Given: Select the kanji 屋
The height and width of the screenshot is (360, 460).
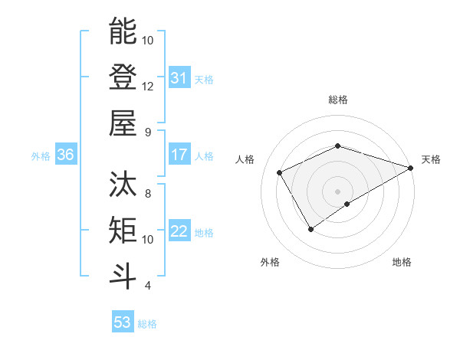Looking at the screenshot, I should pyautogui.click(x=123, y=123).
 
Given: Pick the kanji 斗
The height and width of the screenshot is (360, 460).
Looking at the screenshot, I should pyautogui.click(x=123, y=276).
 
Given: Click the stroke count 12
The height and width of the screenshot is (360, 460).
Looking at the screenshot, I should pyautogui.click(x=148, y=86).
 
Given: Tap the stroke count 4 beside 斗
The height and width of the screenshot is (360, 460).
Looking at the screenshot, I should pyautogui.click(x=148, y=286).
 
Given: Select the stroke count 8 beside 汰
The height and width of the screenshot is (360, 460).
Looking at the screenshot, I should pyautogui.click(x=148, y=193).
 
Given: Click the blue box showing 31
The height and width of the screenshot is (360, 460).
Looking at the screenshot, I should pyautogui.click(x=179, y=78).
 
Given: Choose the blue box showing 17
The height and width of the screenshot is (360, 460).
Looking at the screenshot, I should pyautogui.click(x=179, y=155).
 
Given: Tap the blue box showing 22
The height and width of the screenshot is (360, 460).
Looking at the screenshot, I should pyautogui.click(x=179, y=232).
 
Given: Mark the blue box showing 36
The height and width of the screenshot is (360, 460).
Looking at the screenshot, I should pyautogui.click(x=66, y=155).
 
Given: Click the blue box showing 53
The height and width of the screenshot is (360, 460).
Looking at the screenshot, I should pyautogui.click(x=123, y=322).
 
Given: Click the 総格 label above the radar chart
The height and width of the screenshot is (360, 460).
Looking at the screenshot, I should pyautogui.click(x=337, y=100).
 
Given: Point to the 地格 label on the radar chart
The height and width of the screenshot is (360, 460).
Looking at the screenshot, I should pyautogui.click(x=402, y=262).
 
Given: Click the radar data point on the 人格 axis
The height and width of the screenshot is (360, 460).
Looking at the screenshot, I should pyautogui.click(x=280, y=172).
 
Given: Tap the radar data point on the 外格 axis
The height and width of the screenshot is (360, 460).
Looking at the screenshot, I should pyautogui.click(x=311, y=228).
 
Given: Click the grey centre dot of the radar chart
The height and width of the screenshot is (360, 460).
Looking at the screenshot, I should pyautogui.click(x=337, y=191).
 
